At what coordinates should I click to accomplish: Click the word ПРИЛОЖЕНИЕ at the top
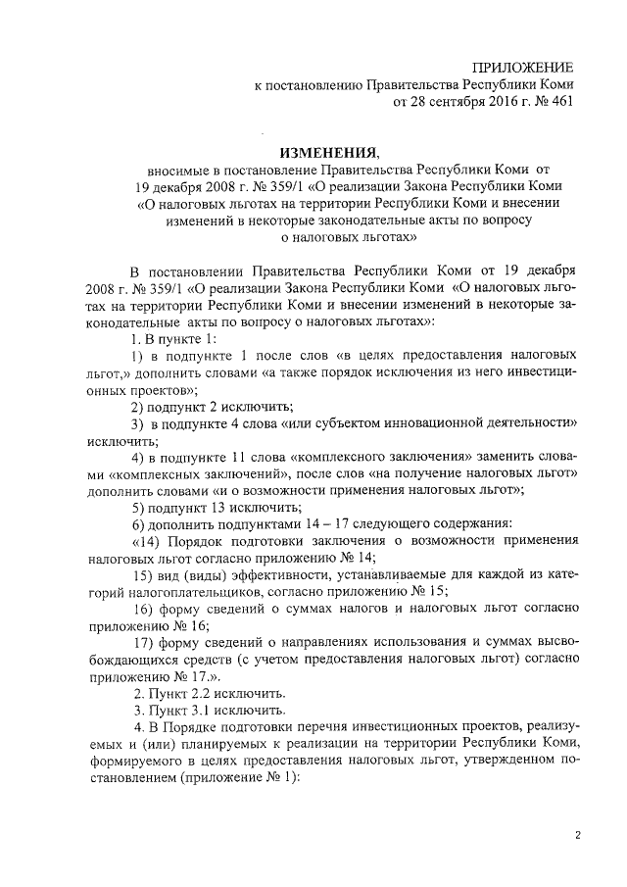pyautogui.click(x=522, y=67)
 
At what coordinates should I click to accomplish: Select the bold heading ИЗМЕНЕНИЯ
pyautogui.click(x=328, y=152)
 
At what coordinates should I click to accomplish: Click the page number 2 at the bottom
pyautogui.click(x=578, y=835)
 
